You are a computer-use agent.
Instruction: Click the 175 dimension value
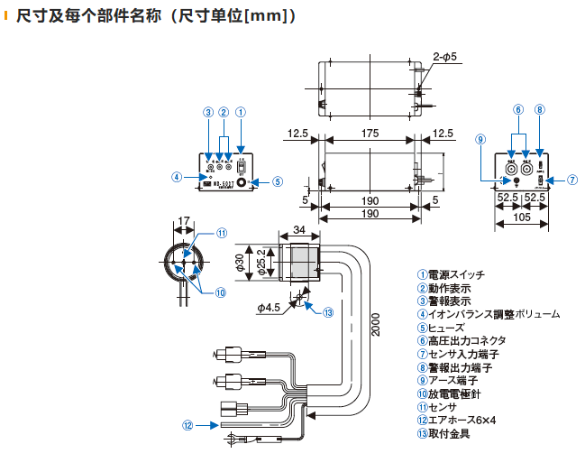pos(370,134)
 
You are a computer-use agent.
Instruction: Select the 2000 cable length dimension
pos(376,325)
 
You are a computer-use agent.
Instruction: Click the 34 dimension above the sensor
pos(299,230)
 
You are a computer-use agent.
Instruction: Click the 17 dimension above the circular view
pos(184,220)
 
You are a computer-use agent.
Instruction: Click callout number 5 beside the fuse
pos(278,181)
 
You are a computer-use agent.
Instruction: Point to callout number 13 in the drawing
pos(328,313)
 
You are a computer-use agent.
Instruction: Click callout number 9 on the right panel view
pos(480,139)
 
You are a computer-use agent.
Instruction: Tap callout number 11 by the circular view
pos(221,232)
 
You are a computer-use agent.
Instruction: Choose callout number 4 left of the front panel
pos(178,177)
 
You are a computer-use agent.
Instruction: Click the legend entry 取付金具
pos(449,433)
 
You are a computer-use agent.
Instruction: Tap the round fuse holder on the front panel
pos(242,181)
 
